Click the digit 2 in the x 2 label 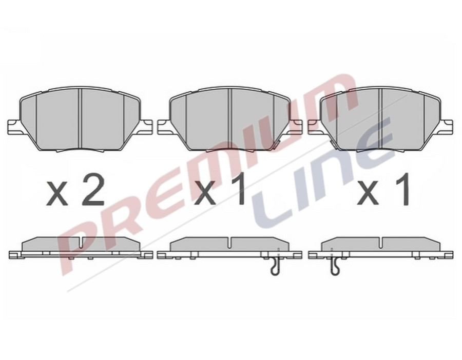[93, 189]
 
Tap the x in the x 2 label [57, 194]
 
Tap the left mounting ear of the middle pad [164, 126]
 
